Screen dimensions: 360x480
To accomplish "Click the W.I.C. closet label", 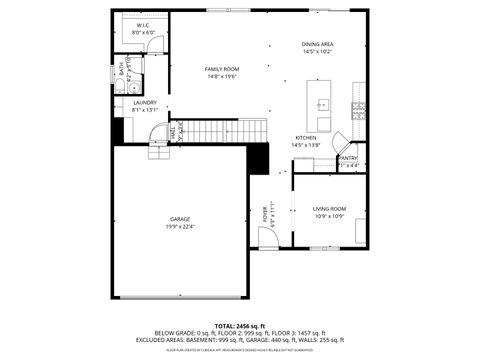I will click(143, 26).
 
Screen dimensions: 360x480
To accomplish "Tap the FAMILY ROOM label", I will click(222, 67).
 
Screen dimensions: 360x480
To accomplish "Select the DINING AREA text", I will click(317, 44).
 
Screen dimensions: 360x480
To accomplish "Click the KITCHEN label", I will click(306, 138).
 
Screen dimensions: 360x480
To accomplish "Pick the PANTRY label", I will click(348, 157).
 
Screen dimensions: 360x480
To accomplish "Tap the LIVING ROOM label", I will click(329, 209).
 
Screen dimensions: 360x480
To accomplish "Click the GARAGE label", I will click(180, 218).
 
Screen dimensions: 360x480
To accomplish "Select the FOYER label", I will click(265, 213).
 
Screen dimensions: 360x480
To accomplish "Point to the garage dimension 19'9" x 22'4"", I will click(180, 226).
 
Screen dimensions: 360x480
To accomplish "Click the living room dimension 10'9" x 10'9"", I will click(329, 217).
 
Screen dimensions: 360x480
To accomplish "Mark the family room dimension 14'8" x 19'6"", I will click(222, 75).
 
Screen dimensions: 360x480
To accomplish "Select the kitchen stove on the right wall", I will click(356, 107).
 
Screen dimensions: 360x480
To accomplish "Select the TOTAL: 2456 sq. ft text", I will click(237, 326).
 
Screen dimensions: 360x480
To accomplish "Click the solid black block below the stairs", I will click(258, 158).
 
